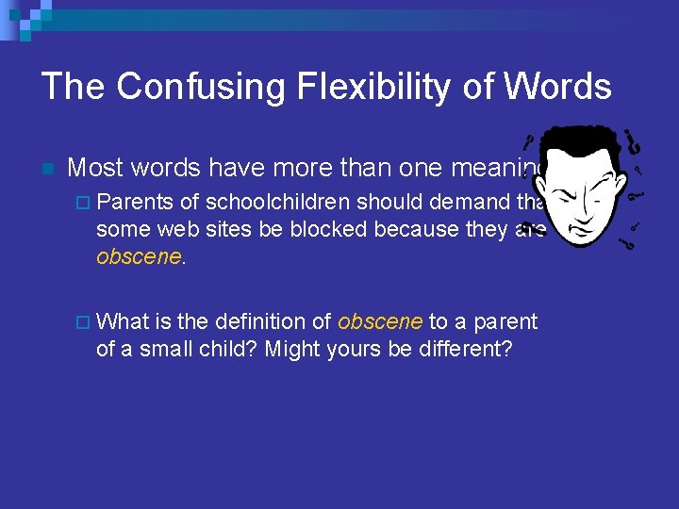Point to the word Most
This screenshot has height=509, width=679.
tap(96, 168)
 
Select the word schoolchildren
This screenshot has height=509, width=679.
tap(278, 202)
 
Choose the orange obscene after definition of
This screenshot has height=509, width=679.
tap(380, 321)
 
